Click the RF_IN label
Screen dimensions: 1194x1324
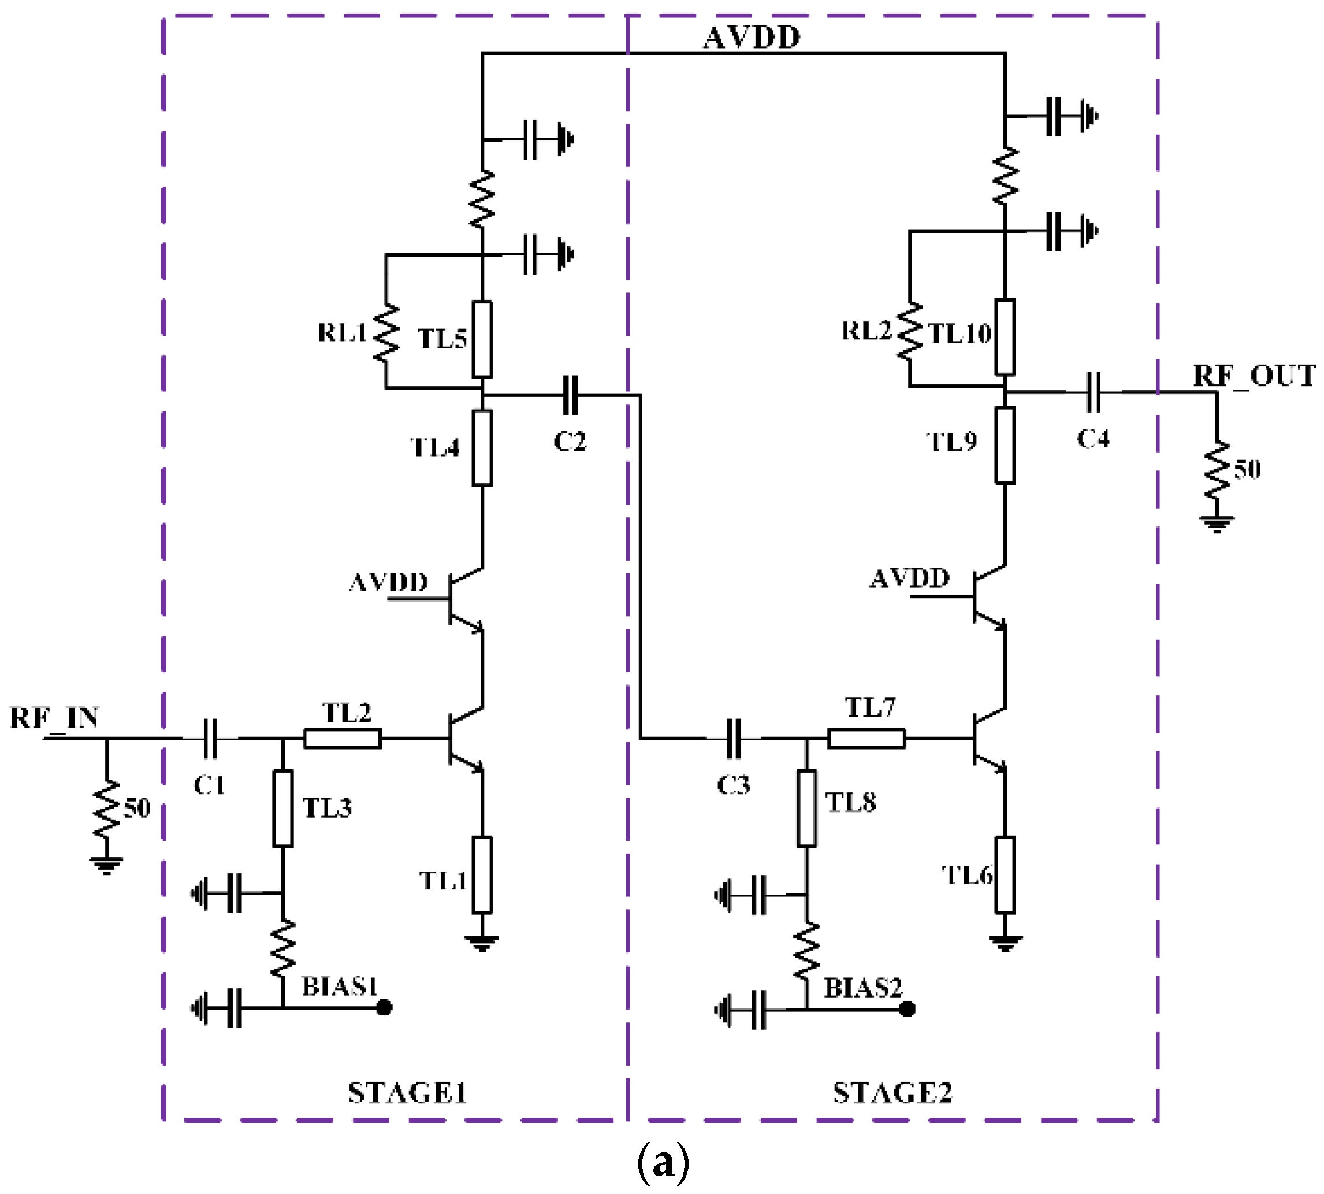54,718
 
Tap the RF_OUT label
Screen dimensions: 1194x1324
1253,376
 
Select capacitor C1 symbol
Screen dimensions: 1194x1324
210,739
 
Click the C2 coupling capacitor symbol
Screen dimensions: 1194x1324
571,395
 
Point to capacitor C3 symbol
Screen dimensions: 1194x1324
734,739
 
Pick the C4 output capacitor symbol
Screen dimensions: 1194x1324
1093,392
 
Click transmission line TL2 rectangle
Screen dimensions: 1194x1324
343,739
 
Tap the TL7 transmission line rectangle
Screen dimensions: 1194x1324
866,739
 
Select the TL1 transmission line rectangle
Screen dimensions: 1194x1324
482,874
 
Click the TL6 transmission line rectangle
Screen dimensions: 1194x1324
1005,874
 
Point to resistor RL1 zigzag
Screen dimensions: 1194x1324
386,333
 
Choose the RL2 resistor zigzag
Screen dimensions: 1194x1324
910,331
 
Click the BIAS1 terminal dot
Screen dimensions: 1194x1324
385,1007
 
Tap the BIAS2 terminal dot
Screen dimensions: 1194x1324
908,1009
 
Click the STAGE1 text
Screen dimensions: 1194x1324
407,1093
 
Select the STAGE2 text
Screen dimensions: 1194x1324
892,1093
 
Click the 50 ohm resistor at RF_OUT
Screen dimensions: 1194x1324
1217,471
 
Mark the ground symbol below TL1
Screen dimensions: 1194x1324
482,943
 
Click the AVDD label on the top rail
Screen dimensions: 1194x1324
752,38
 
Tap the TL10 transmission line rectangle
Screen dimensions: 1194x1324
1005,336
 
